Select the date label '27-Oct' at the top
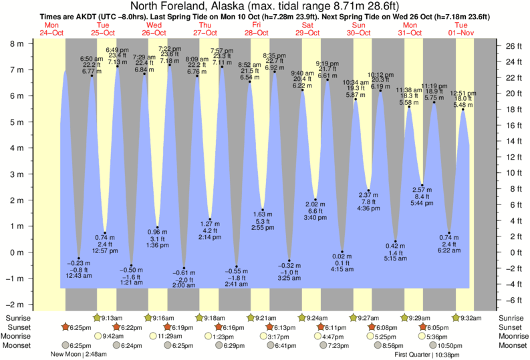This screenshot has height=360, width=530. coord(205,32)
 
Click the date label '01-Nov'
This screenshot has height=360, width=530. coord(461,32)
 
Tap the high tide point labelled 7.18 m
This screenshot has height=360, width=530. coord(170,65)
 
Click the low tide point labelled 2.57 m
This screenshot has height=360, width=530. coord(422,186)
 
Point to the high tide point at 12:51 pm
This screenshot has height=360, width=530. coord(462,110)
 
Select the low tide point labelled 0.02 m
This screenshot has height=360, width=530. coord(343,252)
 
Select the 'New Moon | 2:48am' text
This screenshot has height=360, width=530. coord(78,354)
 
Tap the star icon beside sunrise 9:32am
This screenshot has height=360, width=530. coord(456,318)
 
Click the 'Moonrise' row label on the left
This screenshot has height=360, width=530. coord(23,337)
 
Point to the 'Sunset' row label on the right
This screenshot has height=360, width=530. coord(512,327)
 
